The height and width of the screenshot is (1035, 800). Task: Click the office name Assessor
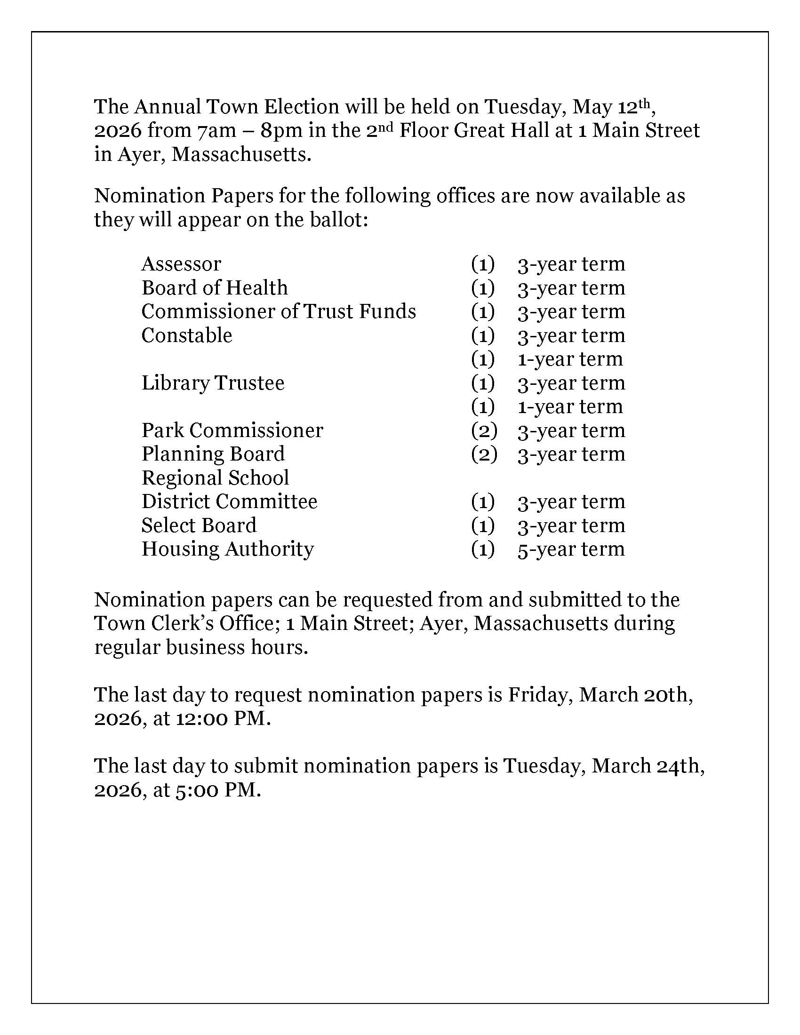[181, 264]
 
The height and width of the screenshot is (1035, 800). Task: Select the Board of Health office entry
[214, 287]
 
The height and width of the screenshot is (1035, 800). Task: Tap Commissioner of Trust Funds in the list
[278, 311]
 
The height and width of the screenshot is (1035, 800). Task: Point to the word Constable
[187, 335]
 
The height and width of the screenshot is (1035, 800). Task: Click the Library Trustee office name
[213, 383]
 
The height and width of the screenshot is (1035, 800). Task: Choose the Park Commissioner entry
[232, 430]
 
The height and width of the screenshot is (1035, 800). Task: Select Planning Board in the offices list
[213, 454]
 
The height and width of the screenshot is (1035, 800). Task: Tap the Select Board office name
[199, 525]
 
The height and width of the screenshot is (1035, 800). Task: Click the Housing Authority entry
[227, 549]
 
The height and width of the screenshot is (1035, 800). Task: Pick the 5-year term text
[571, 549]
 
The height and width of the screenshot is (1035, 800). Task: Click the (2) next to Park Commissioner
[484, 430]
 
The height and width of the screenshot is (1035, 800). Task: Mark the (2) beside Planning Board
[484, 454]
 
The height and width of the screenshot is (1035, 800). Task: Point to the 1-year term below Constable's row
[570, 359]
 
